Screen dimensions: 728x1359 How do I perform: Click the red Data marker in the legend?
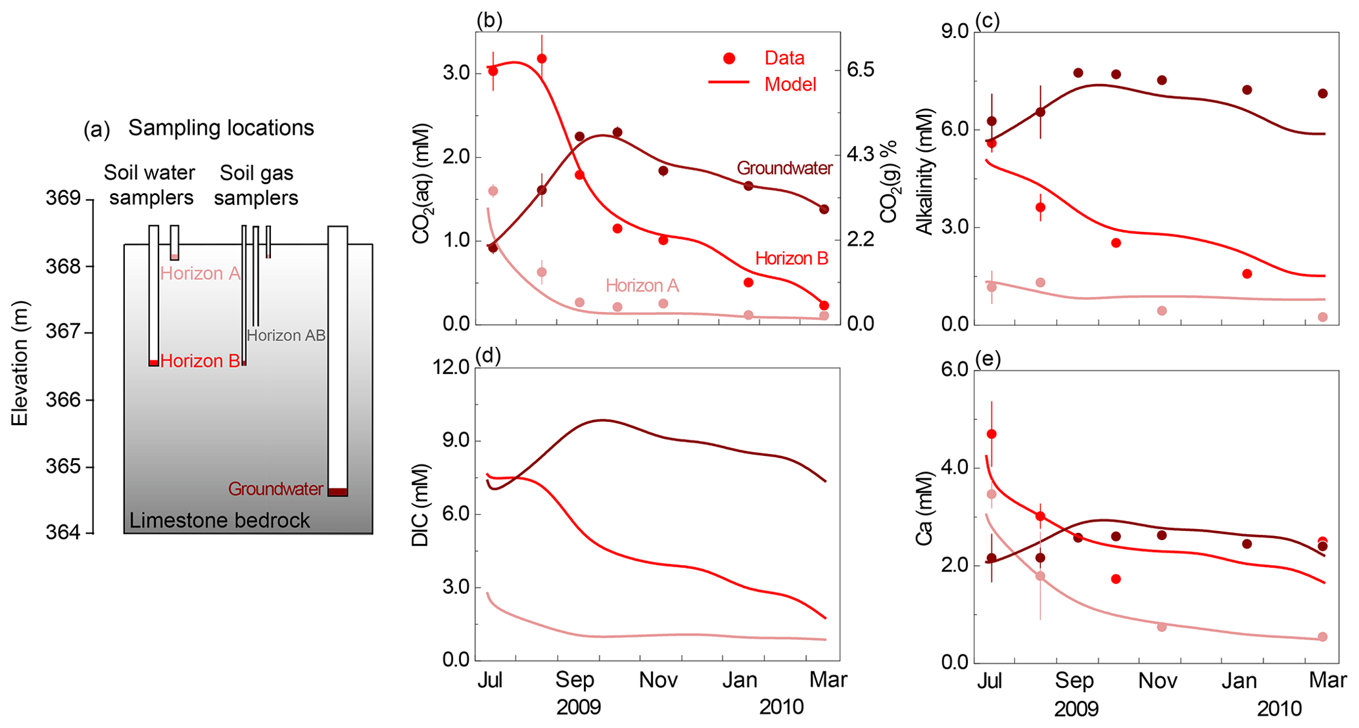click(728, 58)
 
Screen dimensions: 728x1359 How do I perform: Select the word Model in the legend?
click(790, 84)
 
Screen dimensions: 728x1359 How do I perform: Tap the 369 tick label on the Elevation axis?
click(63, 198)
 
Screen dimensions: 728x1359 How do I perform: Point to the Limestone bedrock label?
click(220, 520)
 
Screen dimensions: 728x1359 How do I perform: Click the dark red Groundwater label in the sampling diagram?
click(275, 489)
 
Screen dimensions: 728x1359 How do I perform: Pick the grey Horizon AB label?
click(286, 335)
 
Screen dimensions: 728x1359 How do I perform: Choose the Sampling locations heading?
click(221, 127)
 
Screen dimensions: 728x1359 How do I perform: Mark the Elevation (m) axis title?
click(20, 363)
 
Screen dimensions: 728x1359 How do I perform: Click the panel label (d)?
click(489, 355)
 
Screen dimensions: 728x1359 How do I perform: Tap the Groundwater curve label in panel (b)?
click(784, 168)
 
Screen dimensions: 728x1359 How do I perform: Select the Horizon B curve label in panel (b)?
click(792, 258)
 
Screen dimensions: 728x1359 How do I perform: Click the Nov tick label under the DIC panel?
click(658, 679)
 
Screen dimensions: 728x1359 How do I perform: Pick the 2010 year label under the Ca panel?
click(1279, 708)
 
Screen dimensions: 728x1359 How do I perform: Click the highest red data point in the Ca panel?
click(991, 434)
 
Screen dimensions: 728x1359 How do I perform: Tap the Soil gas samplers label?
click(256, 185)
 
